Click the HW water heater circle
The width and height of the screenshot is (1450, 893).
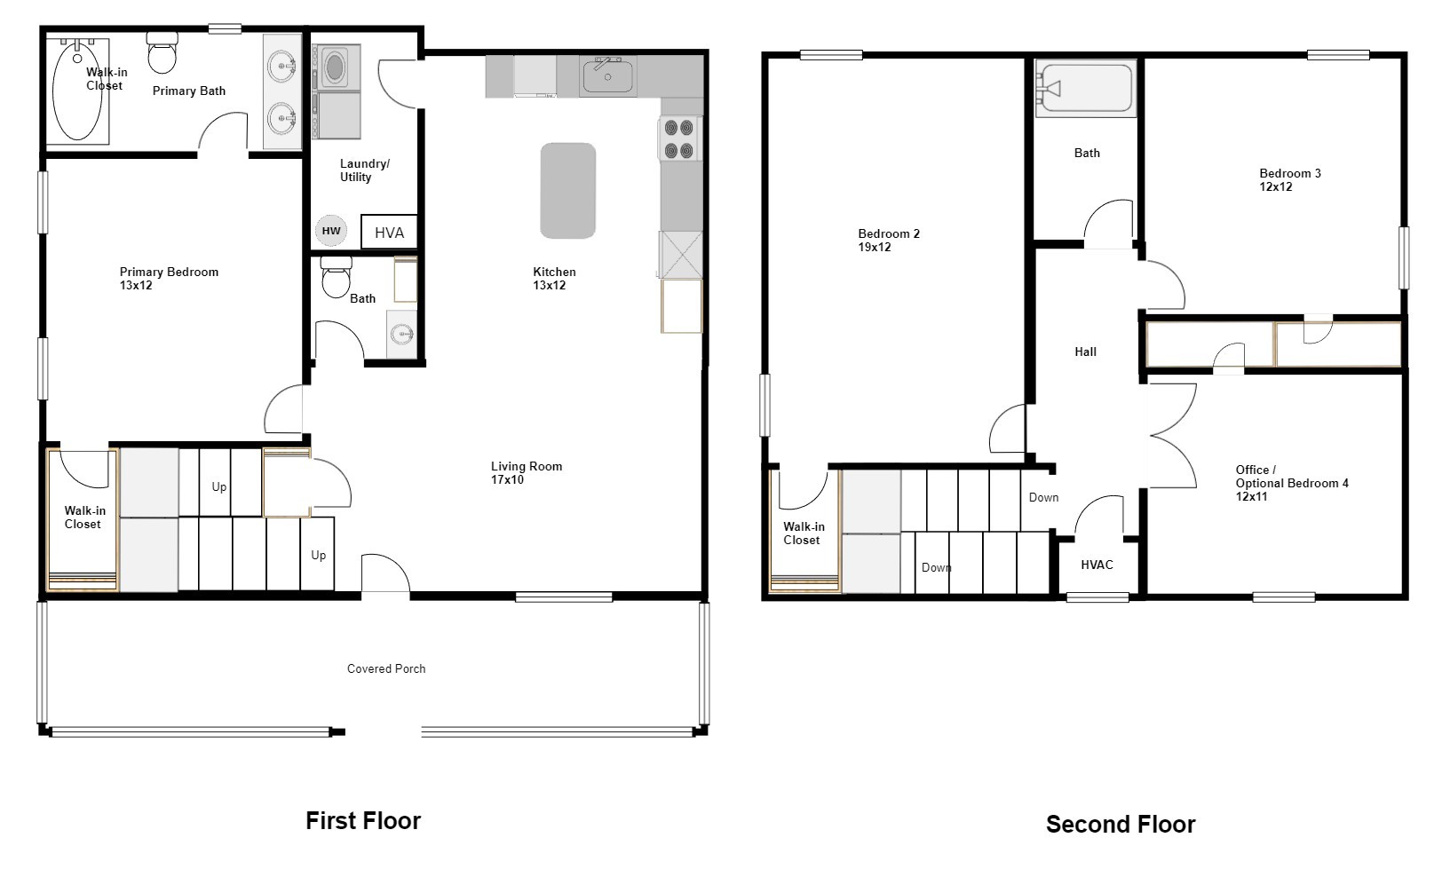[x=331, y=231]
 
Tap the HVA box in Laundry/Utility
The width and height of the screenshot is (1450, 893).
[x=388, y=232]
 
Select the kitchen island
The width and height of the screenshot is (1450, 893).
[x=567, y=191]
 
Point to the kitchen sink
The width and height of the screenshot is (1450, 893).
[x=608, y=75]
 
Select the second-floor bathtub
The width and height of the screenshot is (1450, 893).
[x=1086, y=89]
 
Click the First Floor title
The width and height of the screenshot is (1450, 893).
[x=363, y=820]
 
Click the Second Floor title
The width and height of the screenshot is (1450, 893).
[x=1121, y=825]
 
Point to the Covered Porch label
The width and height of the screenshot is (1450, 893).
[x=386, y=668]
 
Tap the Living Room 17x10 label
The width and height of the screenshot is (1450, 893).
[x=527, y=472]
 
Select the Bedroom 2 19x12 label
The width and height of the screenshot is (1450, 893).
[x=889, y=240]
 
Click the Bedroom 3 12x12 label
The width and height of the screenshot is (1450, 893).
[x=1290, y=180]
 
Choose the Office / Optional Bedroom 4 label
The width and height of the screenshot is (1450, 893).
[x=1291, y=483]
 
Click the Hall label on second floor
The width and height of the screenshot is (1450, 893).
[x=1086, y=352]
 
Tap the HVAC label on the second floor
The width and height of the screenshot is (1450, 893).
[x=1097, y=565]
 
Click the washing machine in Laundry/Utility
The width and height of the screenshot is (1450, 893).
[x=336, y=67]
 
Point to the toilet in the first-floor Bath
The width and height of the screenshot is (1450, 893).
[x=336, y=277]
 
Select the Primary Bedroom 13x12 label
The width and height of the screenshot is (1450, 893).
[x=169, y=278]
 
